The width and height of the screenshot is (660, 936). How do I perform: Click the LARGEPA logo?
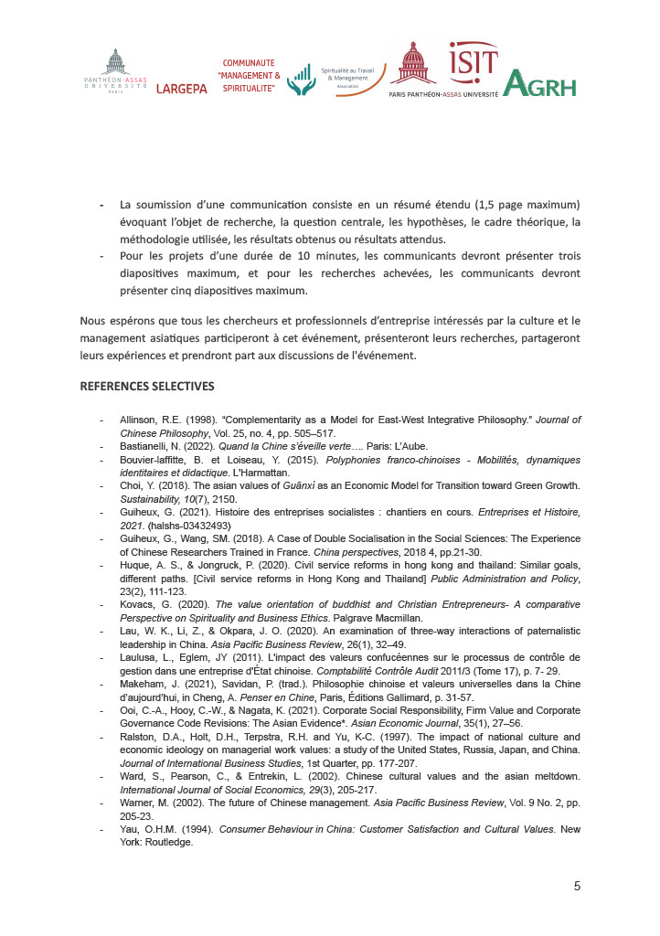click(181, 89)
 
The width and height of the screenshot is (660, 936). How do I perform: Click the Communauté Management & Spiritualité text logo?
click(250, 75)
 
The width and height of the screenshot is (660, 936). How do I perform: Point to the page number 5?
click(577, 885)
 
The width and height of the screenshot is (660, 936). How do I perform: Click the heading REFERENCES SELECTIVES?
click(147, 386)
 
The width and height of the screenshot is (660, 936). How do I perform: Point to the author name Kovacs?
click(139, 604)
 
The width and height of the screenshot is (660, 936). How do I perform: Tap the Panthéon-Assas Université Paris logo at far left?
click(116, 72)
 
